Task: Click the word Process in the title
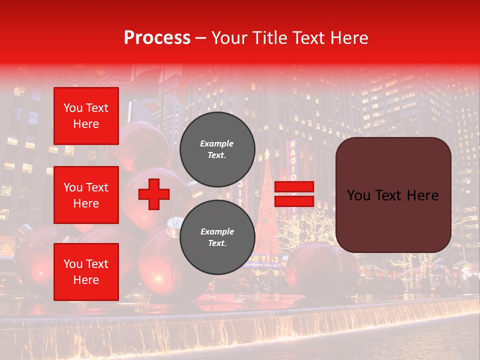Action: click(157, 38)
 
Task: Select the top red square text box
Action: click(86, 116)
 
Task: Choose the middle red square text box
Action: click(86, 195)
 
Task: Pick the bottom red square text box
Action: click(86, 271)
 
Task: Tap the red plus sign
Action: click(154, 194)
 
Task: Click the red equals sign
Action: click(294, 194)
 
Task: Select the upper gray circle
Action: click(217, 149)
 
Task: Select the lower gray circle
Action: click(217, 237)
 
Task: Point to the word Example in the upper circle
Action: click(217, 144)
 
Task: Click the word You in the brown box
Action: click(358, 195)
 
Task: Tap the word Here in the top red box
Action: click(86, 124)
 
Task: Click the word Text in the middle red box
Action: click(97, 187)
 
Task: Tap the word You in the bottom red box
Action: click(73, 264)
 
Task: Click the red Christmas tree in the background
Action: click(268, 210)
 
